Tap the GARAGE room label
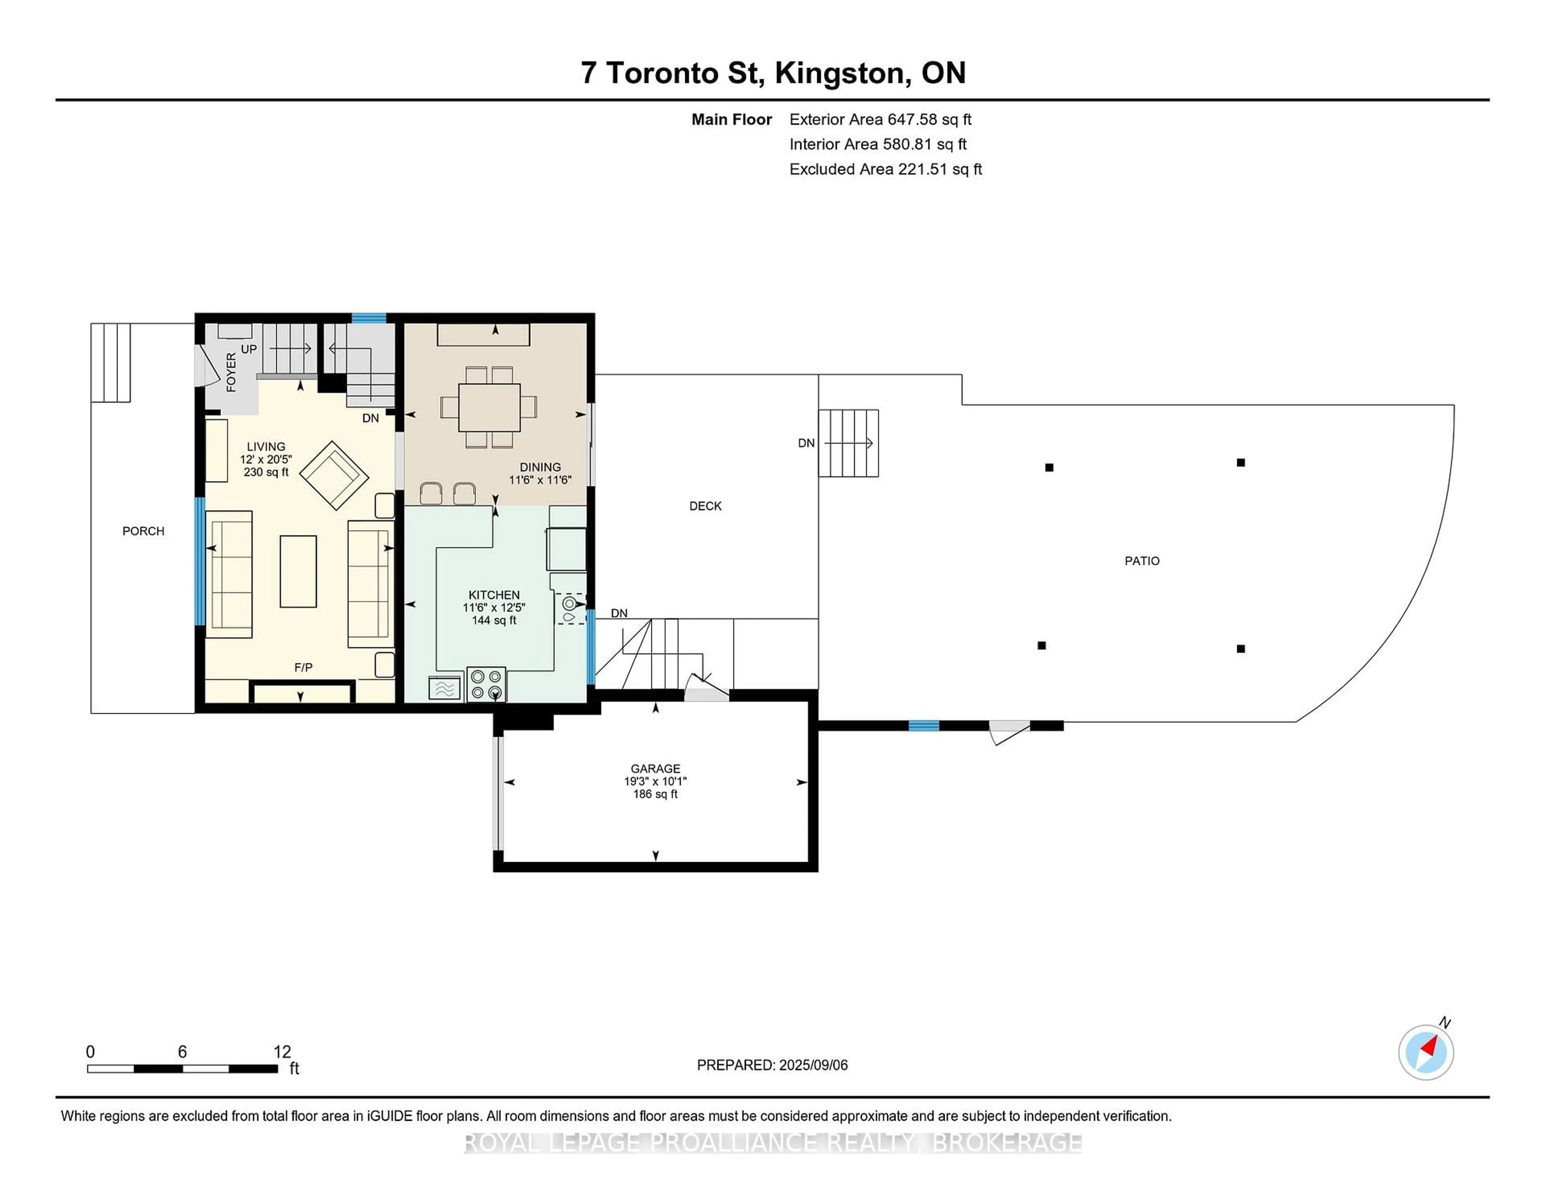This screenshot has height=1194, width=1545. pyautogui.click(x=655, y=768)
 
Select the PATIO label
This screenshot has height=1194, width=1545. pyautogui.click(x=1142, y=561)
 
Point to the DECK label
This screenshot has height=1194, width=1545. pyautogui.click(x=705, y=506)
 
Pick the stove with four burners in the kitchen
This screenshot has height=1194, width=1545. pyautogui.click(x=486, y=684)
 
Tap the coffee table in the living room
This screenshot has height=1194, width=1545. pyautogui.click(x=298, y=571)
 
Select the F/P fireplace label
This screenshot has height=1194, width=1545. pyautogui.click(x=303, y=667)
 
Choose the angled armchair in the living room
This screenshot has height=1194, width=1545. pyautogui.click(x=334, y=476)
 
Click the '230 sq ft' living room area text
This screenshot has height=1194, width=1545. pyautogui.click(x=266, y=472)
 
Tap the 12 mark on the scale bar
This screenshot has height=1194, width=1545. pyautogui.click(x=282, y=1052)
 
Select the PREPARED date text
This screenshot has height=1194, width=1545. pyautogui.click(x=772, y=1064)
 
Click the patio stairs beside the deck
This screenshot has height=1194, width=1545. pyautogui.click(x=848, y=443)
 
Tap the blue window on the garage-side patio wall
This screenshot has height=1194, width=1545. pyautogui.click(x=924, y=725)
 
